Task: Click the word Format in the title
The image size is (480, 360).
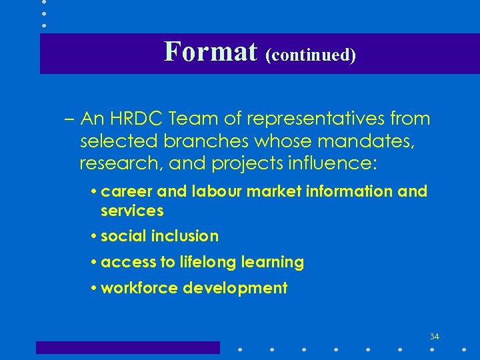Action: [210, 51]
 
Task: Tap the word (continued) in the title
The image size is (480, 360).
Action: [311, 55]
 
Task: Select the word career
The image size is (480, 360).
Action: [127, 192]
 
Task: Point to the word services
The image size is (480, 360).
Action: [132, 211]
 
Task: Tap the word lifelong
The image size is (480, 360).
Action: [210, 263]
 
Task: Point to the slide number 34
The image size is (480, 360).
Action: [435, 337]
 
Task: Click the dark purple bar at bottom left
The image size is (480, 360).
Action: [127, 347]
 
